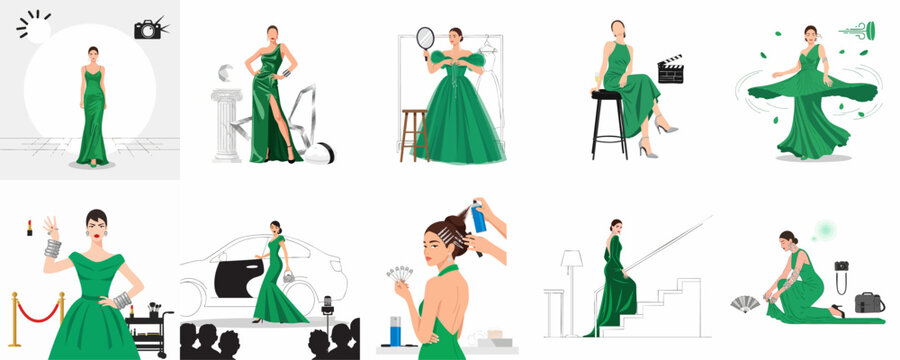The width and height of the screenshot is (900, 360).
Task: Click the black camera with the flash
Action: point(148,30)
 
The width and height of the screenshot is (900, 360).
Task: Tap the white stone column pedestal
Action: point(225,124)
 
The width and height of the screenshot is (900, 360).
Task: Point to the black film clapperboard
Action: point(669,70)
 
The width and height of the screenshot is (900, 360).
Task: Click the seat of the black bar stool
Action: point(606,95)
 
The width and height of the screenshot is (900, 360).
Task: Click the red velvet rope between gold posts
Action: point(37,313)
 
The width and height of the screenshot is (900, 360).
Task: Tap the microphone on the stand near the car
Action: point(326,301)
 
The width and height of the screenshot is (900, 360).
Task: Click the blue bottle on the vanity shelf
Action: point(399,331)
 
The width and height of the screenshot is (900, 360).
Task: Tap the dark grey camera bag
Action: point(869,301)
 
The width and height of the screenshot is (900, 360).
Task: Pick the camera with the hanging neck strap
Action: point(842,267)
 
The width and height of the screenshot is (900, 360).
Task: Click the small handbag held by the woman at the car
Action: point(288,277)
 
